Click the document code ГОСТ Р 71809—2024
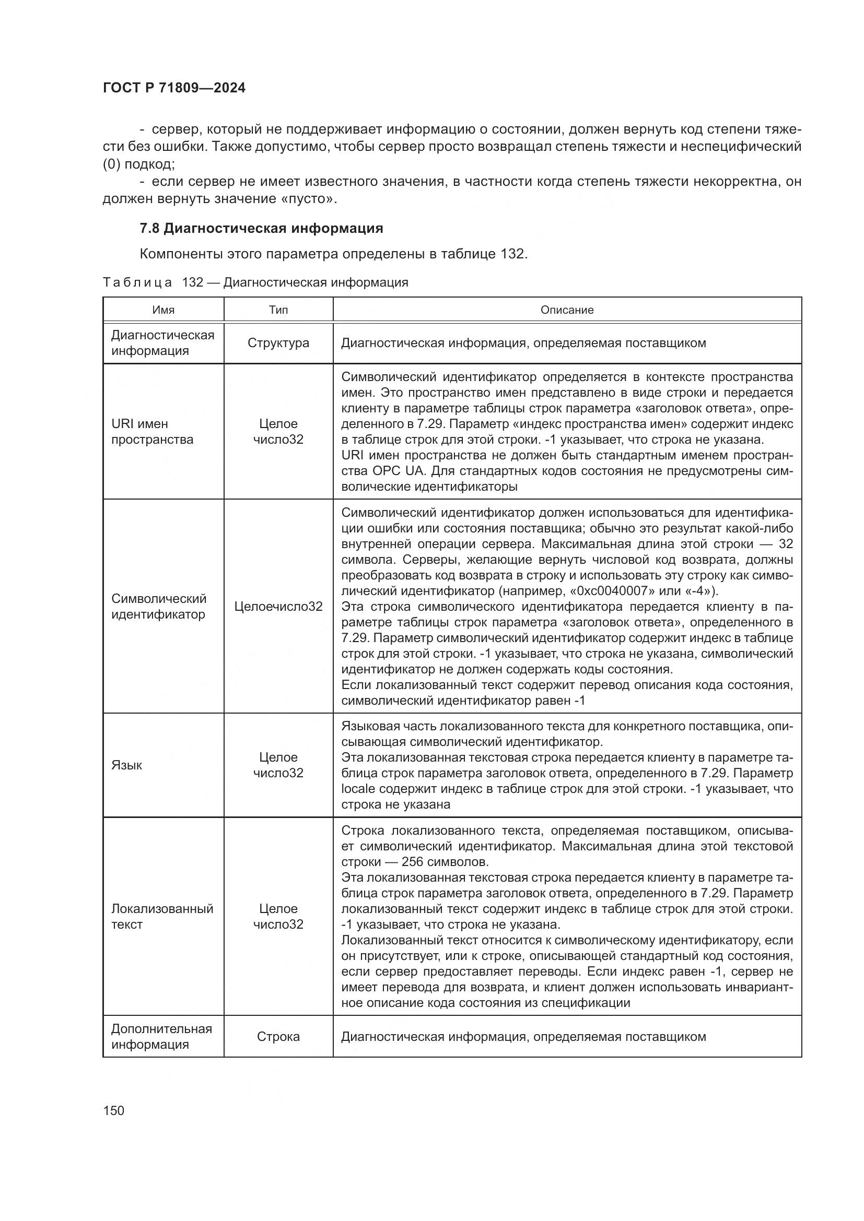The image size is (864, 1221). click(x=174, y=88)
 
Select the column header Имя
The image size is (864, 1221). click(x=164, y=310)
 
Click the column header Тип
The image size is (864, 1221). click(x=278, y=310)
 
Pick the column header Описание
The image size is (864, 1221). click(x=567, y=310)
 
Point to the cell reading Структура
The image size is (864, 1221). click(x=278, y=343)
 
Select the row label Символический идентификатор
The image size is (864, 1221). click(x=159, y=607)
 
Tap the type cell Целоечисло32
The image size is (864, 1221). click(x=278, y=607)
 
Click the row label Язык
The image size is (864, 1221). click(x=126, y=765)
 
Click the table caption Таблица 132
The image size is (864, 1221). click(x=153, y=282)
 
